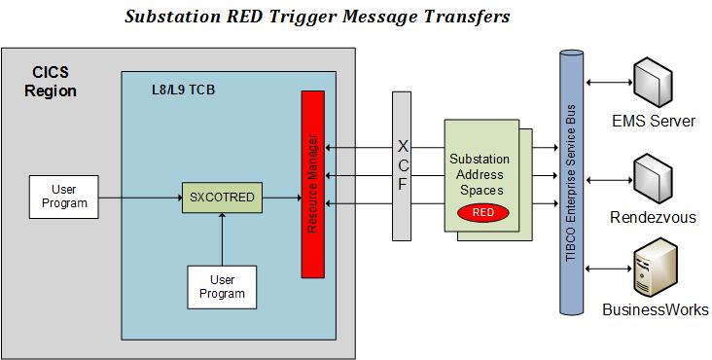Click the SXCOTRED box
click(x=222, y=198)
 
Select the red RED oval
click(x=482, y=213)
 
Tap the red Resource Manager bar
click(x=313, y=184)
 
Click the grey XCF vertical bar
click(x=402, y=166)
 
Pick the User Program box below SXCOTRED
click(x=222, y=287)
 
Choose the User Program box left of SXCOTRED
click(x=64, y=197)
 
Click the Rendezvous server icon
click(x=654, y=179)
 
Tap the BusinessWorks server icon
click(x=656, y=267)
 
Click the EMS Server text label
click(x=654, y=122)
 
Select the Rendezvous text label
click(x=653, y=217)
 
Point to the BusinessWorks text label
click(x=656, y=309)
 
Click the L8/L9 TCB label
click(x=183, y=90)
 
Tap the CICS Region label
click(x=51, y=82)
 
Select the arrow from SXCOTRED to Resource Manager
click(x=282, y=198)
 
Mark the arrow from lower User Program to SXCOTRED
click(x=222, y=239)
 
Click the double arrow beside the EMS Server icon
click(x=609, y=83)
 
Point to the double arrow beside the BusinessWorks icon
click(x=609, y=269)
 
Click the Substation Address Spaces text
click(x=480, y=174)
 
